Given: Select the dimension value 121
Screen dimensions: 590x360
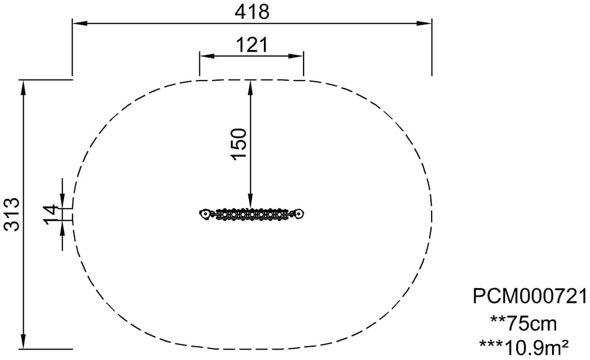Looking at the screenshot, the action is pos(252,45).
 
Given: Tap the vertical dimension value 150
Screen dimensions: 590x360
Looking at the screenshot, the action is pos(240,144).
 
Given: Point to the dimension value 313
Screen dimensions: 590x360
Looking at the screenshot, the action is pos(12,214).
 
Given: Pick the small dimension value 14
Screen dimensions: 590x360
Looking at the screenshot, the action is pos(51,214).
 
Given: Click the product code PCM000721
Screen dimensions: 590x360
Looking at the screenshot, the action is pos(530,296).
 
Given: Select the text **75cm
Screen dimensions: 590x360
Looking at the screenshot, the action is pos(523,323).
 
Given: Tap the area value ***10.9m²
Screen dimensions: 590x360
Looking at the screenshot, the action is pos(524,347).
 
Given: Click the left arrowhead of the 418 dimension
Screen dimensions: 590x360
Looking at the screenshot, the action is pos(80,23).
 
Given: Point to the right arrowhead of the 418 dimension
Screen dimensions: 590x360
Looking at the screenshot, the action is pos(425,23).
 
